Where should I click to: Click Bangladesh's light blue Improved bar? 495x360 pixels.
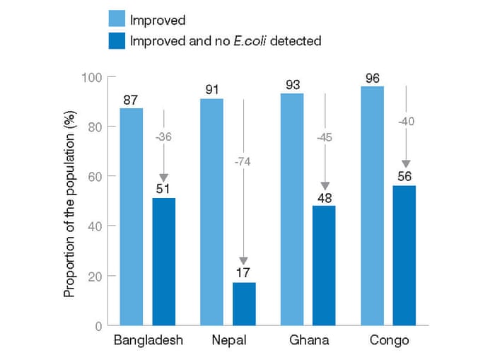[x=132, y=216]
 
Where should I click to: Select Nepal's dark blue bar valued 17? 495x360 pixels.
[x=244, y=304]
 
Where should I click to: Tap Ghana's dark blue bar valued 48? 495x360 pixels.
[x=324, y=265]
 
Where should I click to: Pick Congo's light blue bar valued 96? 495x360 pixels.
[x=372, y=205]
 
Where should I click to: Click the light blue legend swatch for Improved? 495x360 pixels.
[x=117, y=19]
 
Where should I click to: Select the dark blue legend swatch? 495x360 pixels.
[x=117, y=40]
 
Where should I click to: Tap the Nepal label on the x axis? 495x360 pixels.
[x=228, y=341]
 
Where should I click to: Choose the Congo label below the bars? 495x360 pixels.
[x=389, y=341]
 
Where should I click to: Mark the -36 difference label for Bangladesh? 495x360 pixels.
[x=163, y=137]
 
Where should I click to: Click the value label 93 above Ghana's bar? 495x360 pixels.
[x=291, y=84]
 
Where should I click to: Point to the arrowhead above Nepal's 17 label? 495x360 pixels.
[x=243, y=260]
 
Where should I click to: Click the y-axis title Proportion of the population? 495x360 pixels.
[x=71, y=202]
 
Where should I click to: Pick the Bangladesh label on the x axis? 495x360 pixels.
[x=148, y=341]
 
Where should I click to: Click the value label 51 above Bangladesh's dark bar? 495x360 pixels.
[x=163, y=188]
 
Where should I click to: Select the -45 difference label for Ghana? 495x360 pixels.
[x=324, y=137]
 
